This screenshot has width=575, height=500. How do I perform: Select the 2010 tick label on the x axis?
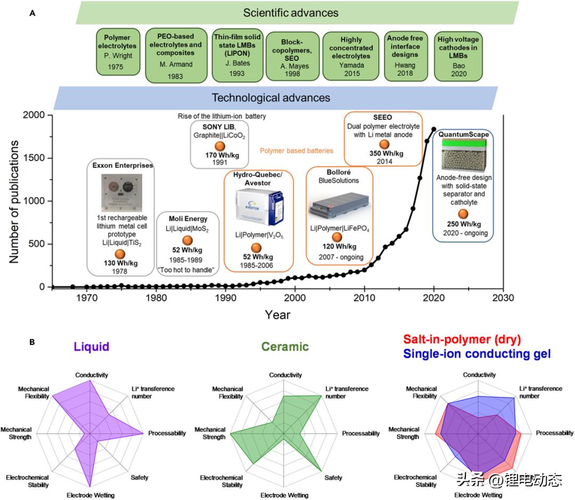tap(364, 297)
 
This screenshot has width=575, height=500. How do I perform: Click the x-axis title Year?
tap(277, 314)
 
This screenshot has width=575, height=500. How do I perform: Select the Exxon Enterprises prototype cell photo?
tap(120, 191)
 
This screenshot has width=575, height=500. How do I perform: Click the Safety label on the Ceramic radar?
tap(334, 478)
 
